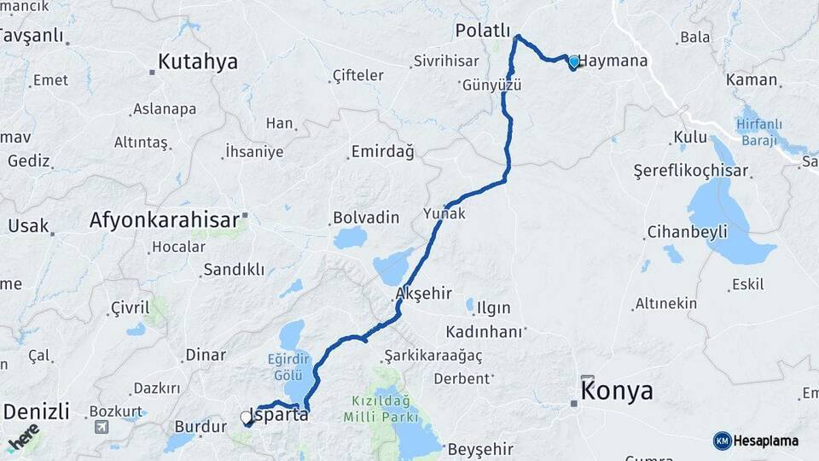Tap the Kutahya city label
pos(197,62)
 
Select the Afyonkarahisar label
pos(165,220)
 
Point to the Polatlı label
pos(483,31)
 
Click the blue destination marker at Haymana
pos(573,62)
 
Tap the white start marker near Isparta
pos(247,417)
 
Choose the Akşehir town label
pos(423,294)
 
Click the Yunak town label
pos(444,213)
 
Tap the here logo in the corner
pos(23,438)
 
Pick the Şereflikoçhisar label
pos(691,171)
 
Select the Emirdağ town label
pos(382,153)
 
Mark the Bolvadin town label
pos(366,218)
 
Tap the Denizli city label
pos(36,411)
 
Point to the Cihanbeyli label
pos(687,232)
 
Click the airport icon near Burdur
pos(102,426)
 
